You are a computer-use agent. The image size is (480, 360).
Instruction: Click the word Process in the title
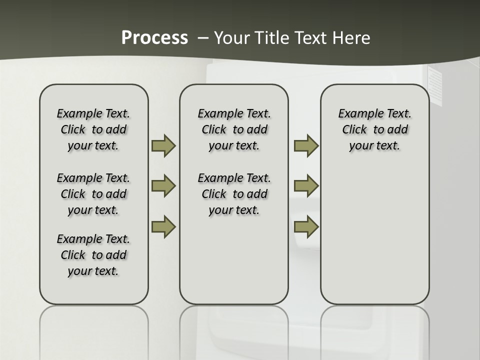pyautogui.click(x=154, y=38)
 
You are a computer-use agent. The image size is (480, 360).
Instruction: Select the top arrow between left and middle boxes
pyautogui.click(x=163, y=145)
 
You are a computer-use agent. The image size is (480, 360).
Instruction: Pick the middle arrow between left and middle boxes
pyautogui.click(x=163, y=186)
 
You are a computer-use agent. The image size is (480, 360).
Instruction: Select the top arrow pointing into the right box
pyautogui.click(x=306, y=145)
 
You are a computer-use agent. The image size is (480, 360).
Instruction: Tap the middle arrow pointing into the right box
pyautogui.click(x=306, y=186)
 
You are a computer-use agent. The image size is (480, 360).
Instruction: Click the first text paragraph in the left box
pyautogui.click(x=93, y=129)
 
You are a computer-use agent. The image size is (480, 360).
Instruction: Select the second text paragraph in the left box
pyautogui.click(x=93, y=194)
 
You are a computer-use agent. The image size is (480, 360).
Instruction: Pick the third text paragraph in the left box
pyautogui.click(x=93, y=255)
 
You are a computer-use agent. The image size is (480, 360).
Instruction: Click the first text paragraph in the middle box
pyautogui.click(x=234, y=129)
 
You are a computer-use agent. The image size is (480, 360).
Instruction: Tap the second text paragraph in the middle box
pyautogui.click(x=234, y=194)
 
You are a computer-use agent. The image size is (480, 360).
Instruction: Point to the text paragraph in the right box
pyautogui.click(x=375, y=129)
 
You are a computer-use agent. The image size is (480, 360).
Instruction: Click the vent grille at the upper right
pyautogui.click(x=435, y=87)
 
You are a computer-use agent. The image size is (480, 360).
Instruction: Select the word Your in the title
pyautogui.click(x=231, y=38)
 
